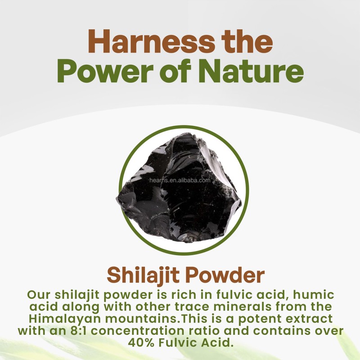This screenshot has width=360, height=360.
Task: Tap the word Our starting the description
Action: click(x=39, y=296)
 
